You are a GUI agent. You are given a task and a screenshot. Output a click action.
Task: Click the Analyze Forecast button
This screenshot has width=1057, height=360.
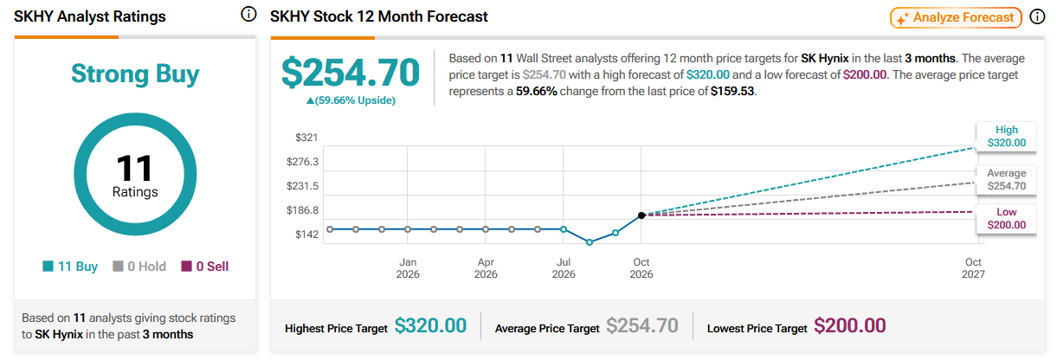(x=956, y=18)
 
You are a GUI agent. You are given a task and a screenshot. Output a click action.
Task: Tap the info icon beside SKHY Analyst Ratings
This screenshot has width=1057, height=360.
(x=248, y=15)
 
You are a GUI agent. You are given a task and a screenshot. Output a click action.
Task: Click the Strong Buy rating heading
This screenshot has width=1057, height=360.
(x=135, y=74)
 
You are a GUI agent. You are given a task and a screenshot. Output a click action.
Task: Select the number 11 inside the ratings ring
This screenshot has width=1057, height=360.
(x=134, y=169)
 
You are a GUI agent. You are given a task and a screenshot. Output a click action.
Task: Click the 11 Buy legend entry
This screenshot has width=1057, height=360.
(x=70, y=267)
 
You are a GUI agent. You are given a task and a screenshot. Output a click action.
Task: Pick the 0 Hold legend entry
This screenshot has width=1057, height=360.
(x=139, y=267)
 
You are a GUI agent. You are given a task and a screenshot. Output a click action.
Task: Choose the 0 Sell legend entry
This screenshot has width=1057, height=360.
(x=205, y=267)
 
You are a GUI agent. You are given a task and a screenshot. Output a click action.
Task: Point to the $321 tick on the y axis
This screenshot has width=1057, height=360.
(x=306, y=138)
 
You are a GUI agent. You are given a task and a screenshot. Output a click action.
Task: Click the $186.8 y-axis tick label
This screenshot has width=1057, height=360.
(x=302, y=210)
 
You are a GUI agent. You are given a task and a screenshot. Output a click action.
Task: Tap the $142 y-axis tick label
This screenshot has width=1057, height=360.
(x=306, y=234)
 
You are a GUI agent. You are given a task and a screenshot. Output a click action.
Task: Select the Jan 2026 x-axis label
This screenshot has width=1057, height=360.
(x=408, y=268)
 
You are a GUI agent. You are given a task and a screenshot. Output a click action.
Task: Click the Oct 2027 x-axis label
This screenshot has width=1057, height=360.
(x=973, y=268)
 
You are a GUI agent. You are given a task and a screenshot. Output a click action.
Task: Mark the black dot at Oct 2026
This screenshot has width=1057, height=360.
(x=641, y=215)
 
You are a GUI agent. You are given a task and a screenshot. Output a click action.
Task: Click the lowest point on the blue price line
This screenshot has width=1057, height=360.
(x=590, y=242)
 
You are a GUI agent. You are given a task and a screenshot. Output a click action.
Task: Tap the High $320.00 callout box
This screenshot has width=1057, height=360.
(x=1007, y=137)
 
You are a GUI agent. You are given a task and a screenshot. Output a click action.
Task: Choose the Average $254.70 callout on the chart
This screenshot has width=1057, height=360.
(x=1007, y=180)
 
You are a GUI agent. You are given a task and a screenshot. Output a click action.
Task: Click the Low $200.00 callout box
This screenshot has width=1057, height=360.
(x=1007, y=218)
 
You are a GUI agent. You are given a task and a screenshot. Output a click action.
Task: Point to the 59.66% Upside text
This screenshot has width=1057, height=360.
(x=351, y=100)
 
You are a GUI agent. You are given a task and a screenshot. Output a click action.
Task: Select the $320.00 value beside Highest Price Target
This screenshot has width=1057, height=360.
(x=430, y=325)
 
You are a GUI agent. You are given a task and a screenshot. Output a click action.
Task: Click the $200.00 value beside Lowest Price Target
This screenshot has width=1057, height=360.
(x=850, y=325)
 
